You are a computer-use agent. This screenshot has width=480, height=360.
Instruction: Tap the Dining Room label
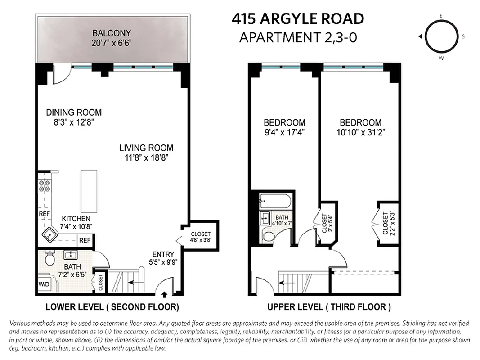point(74,112)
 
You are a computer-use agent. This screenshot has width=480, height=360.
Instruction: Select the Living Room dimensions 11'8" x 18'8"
point(146,157)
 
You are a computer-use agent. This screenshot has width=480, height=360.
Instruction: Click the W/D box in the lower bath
point(44,284)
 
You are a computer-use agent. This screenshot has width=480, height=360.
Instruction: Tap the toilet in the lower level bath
point(50,259)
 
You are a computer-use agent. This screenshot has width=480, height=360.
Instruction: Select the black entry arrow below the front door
point(164,295)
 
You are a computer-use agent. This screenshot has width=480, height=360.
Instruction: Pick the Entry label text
point(163,254)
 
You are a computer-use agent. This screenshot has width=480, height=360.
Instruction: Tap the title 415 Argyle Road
point(298,19)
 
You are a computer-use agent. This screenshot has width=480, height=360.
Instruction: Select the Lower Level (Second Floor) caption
point(112,307)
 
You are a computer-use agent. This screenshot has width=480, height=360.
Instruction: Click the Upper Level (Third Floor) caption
point(329,307)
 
